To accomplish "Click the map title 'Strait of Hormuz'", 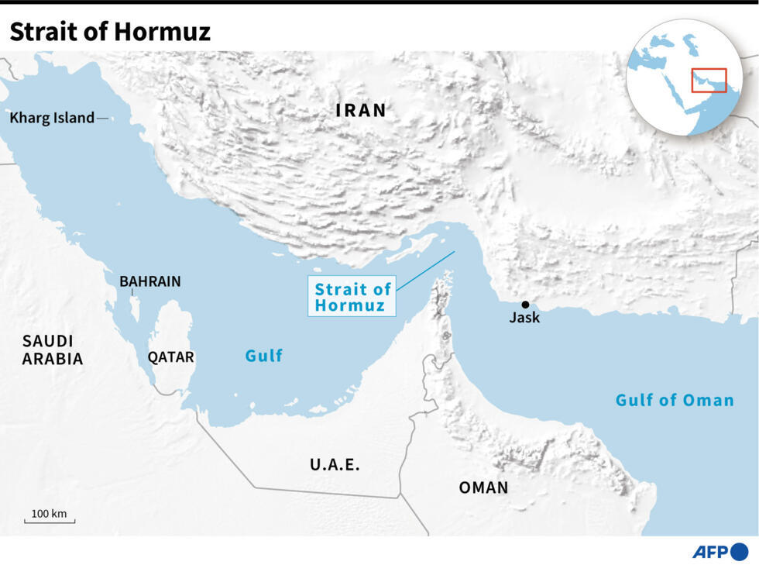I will point(110,32).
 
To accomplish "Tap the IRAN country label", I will point(361,110).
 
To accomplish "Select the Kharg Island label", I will point(52,119).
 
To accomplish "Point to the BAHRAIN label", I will point(149,281).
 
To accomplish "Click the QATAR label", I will point(171,357).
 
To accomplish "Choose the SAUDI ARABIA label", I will point(52,350).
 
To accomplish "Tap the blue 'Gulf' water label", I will point(263,356).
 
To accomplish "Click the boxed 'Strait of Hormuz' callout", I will point(352,297).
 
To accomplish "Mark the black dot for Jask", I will point(525,305).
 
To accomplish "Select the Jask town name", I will point(524,318).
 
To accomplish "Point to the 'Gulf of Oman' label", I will point(674,401).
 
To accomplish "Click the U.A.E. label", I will point(335,465).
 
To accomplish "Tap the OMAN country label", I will point(483,487).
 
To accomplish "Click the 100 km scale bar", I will point(50,520).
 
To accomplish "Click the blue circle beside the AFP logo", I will point(740,552).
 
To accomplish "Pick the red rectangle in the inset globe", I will point(709,80).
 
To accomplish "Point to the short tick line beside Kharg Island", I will point(102,119).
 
